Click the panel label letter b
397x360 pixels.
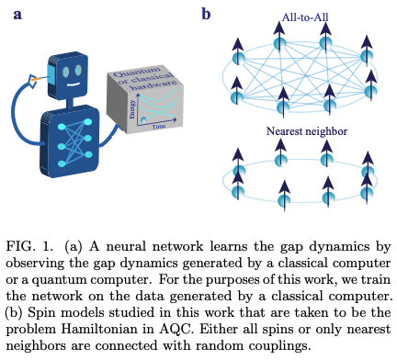click(207, 14)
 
